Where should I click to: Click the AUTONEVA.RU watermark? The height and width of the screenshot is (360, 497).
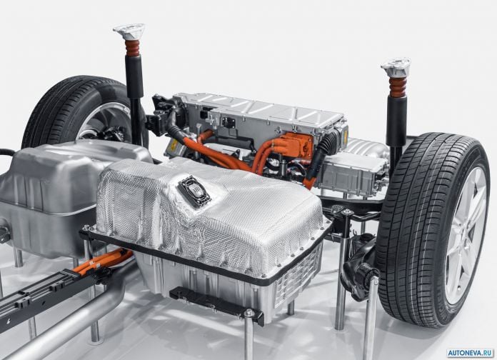pos(471,353)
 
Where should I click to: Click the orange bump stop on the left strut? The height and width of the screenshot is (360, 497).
pos(132,48)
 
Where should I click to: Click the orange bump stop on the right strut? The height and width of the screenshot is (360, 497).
pos(398,86)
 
